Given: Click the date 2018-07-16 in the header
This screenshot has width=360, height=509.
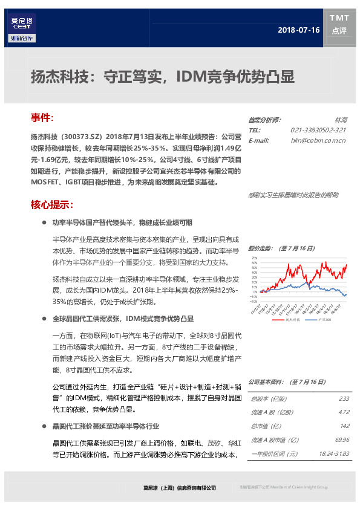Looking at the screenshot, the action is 298,30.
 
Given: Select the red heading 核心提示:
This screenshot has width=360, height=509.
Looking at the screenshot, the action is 52,204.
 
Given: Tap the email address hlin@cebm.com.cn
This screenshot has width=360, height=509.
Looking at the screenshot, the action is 318,140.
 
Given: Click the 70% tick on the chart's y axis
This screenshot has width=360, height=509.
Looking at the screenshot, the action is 254,258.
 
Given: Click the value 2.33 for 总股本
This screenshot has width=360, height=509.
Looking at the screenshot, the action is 344,399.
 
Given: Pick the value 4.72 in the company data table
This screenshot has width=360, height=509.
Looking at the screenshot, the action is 344,412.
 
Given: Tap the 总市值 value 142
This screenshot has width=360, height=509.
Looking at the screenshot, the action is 345,426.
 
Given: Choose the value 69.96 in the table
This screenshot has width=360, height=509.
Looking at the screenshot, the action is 342,439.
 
